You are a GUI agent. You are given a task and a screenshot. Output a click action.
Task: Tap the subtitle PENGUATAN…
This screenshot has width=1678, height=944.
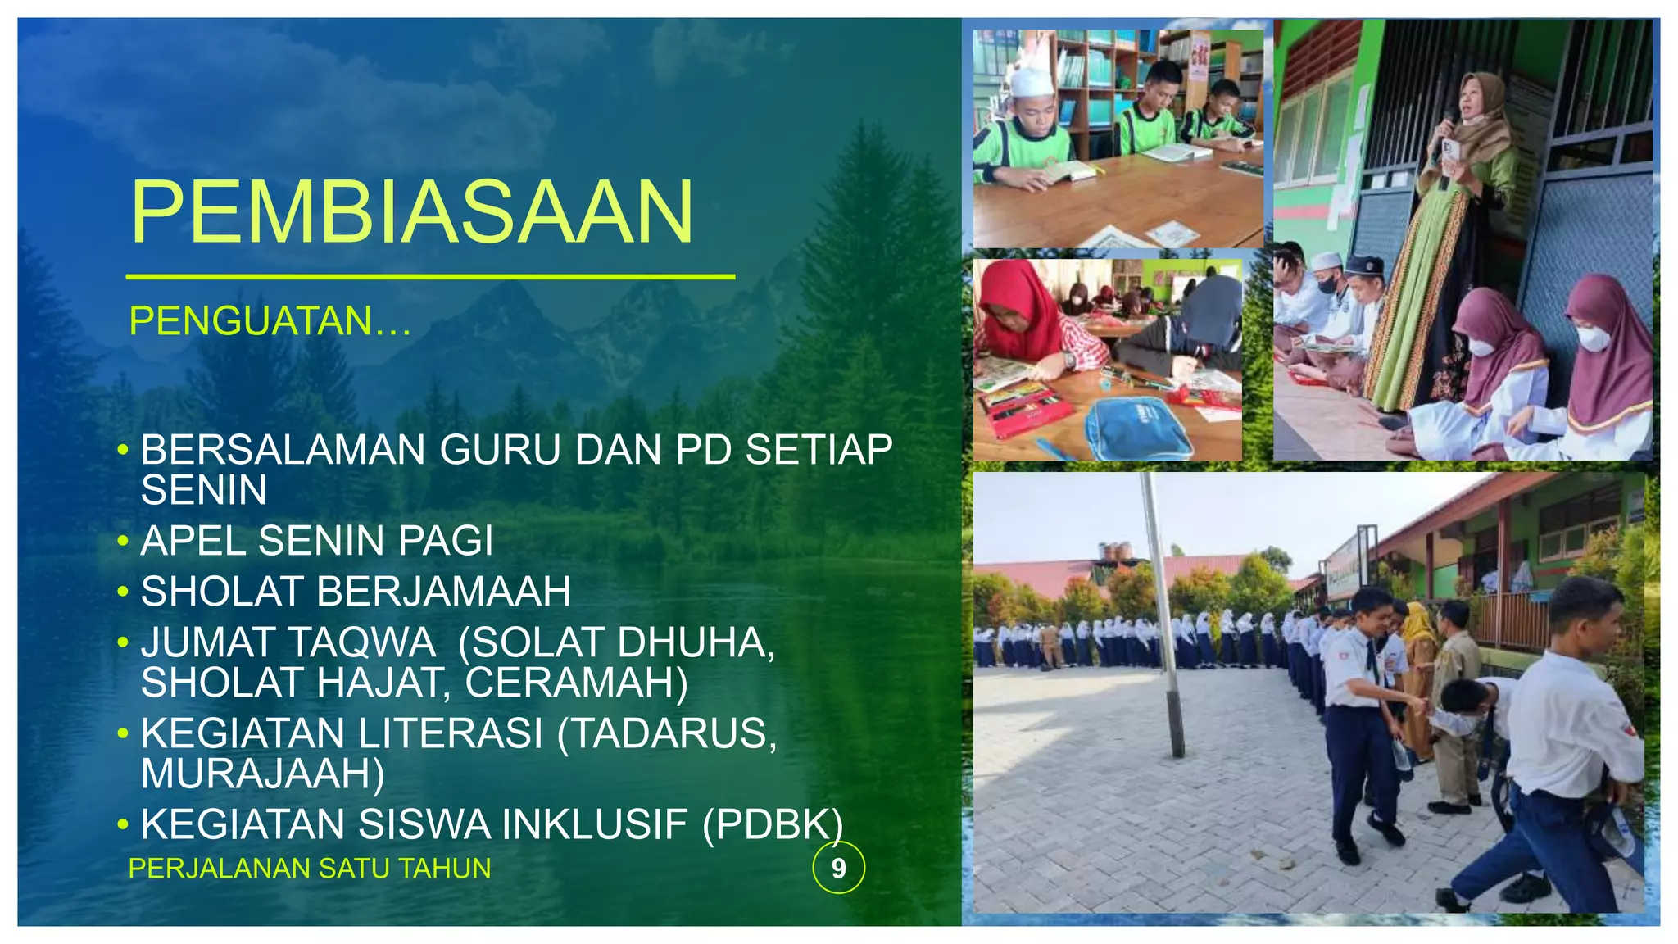coord(270,320)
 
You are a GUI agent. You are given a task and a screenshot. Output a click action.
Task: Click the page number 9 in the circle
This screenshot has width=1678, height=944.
coord(838,868)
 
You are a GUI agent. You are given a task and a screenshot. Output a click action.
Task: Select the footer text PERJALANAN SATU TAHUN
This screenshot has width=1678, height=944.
coord(310,868)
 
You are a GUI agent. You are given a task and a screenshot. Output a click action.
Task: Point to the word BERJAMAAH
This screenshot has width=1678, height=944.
coord(443,592)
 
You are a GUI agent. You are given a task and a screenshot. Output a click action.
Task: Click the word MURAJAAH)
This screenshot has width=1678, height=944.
coord(262,774)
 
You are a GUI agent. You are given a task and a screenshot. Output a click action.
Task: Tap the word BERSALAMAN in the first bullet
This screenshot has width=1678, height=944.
coord(283,450)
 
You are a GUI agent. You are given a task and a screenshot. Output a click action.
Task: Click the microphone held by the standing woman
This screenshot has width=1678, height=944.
coord(1445,131)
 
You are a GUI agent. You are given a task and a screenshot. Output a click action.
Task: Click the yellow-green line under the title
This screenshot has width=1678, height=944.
coord(430,277)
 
